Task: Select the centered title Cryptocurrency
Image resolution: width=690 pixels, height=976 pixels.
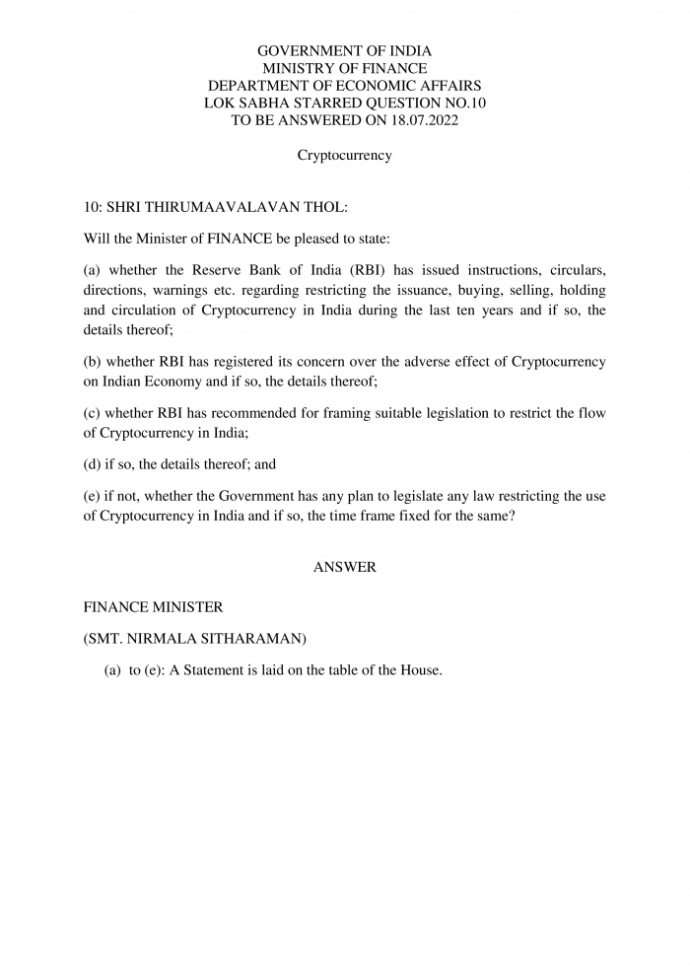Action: (x=345, y=155)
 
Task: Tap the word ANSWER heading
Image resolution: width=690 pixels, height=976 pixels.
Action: (x=345, y=567)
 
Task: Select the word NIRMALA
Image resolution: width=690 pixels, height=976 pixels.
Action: (x=165, y=639)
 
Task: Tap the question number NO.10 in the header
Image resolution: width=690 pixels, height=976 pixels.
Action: (x=461, y=103)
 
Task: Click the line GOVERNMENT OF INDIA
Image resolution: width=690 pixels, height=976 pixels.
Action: (x=345, y=50)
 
